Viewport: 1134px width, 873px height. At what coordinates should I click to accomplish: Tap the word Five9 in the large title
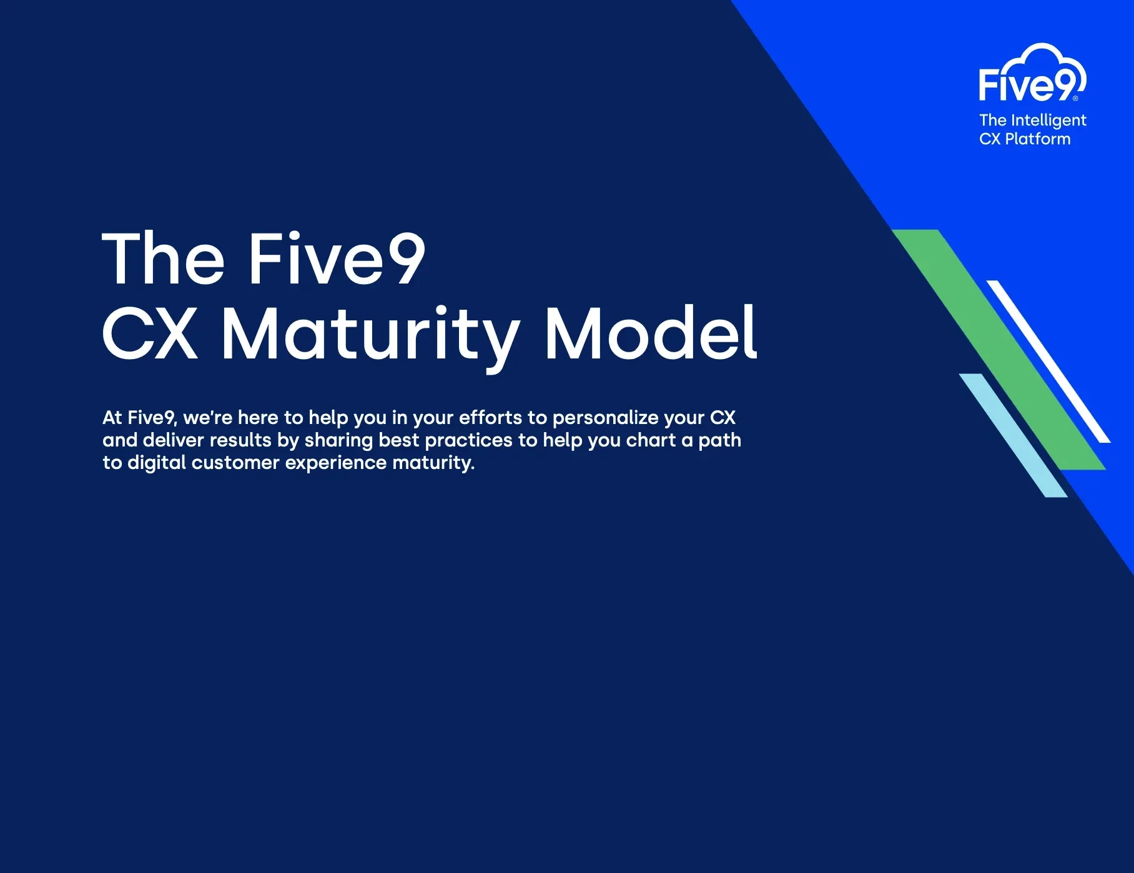pos(337,258)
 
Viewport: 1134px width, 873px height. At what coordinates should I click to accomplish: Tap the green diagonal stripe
pos(998,350)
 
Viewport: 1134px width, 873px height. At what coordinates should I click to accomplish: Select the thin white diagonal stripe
pos(1048,362)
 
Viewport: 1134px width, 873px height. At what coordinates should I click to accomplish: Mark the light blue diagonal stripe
pos(1013,435)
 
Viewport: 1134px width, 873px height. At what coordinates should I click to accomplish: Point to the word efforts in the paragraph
pos(490,417)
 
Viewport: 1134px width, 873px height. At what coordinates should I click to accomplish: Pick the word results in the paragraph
pos(240,440)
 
